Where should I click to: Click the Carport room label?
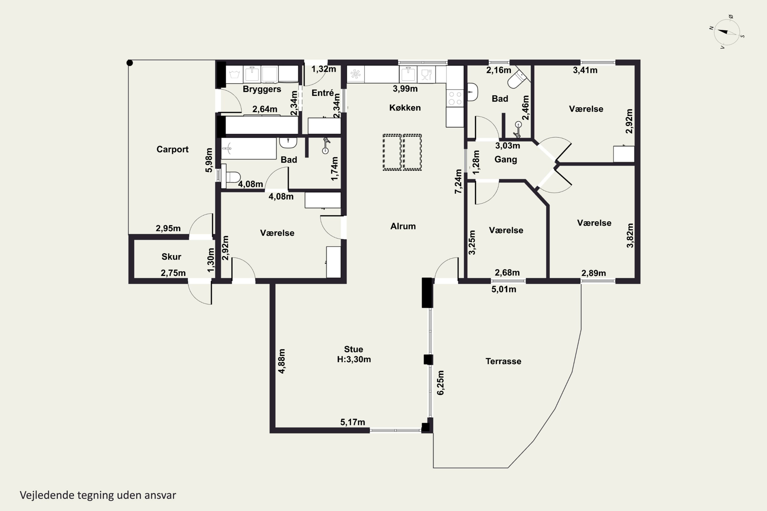[173, 149]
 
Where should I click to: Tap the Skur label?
[171, 257]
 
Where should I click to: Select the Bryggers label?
[262, 89]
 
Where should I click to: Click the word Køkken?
[405, 108]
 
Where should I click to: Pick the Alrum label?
[403, 226]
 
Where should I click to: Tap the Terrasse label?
[503, 361]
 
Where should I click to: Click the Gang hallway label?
[506, 159]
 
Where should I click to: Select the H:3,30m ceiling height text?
[354, 359]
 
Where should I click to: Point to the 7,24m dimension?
[458, 181]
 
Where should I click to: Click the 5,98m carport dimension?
[209, 160]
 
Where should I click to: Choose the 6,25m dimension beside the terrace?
[440, 382]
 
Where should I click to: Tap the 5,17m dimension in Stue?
[353, 422]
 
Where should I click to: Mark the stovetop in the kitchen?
[455, 98]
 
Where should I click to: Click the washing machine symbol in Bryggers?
[234, 74]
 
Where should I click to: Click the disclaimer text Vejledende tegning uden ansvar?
[98, 495]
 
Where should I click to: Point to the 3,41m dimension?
[585, 70]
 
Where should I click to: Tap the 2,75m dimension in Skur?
[173, 273]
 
